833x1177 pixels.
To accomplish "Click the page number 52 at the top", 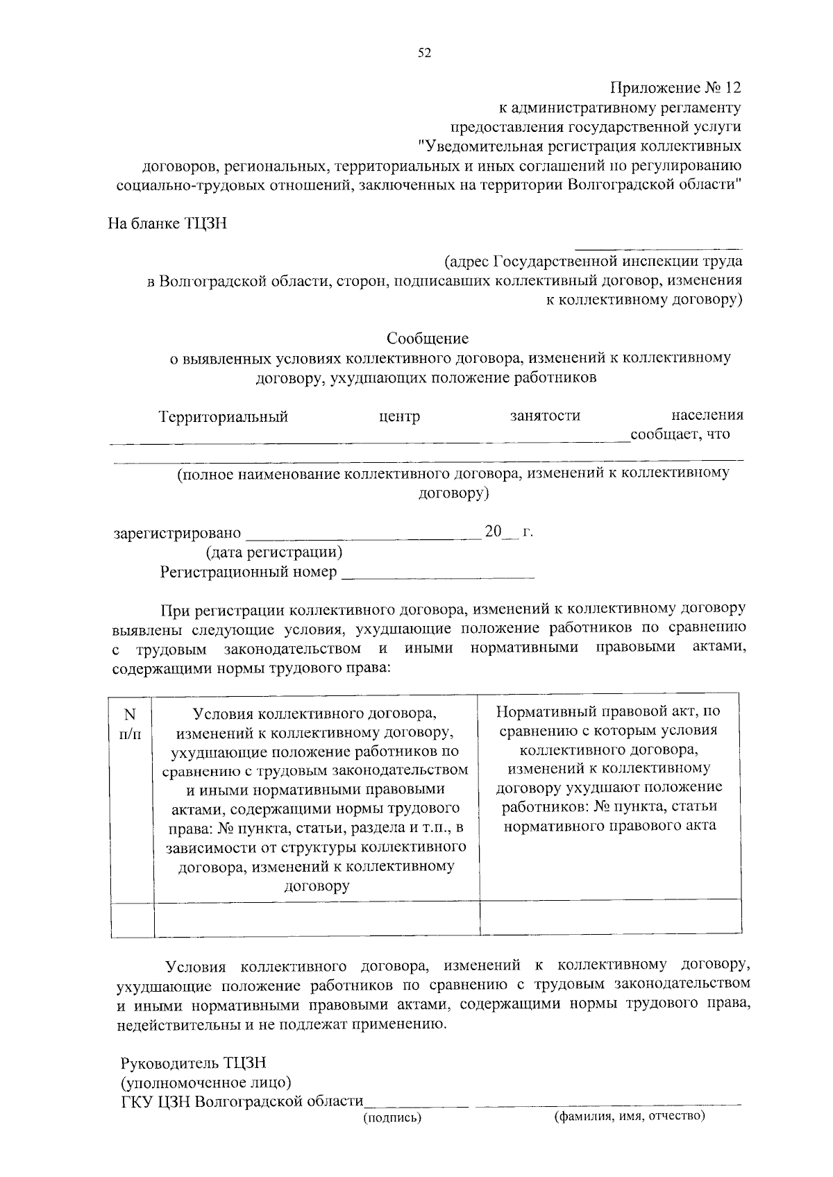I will tap(424, 53).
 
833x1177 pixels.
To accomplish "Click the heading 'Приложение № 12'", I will tap(675, 88).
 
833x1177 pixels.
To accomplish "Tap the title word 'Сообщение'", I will tap(428, 339).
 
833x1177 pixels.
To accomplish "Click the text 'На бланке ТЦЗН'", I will tap(167, 224).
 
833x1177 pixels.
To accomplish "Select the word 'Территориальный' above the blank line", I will tap(223, 416).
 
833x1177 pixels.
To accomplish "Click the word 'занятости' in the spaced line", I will tap(545, 416).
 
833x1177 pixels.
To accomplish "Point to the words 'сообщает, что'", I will tap(680, 435).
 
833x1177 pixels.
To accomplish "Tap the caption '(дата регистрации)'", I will tap(274, 552).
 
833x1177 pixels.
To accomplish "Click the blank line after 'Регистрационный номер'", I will tap(438, 574).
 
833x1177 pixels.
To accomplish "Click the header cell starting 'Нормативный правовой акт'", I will tap(609, 768).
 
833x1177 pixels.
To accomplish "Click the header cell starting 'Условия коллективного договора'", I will tap(316, 798).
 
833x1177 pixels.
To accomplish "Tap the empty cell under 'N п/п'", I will tap(132, 919).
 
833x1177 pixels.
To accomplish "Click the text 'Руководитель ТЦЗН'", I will tap(193, 1064).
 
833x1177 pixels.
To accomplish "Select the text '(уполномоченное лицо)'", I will tap(205, 1083).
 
